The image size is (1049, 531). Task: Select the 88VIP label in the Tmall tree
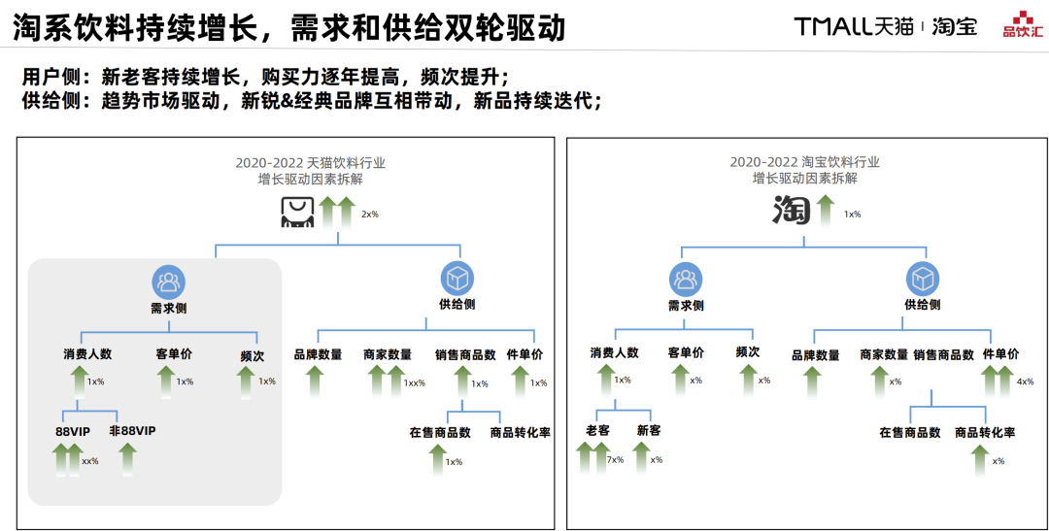point(73,430)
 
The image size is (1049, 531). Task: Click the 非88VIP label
point(132,430)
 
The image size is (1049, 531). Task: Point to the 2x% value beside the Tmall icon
point(370,214)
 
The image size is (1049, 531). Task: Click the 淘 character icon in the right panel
point(791,210)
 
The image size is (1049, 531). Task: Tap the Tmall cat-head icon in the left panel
point(297,212)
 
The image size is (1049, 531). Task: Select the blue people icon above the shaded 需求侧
point(168,282)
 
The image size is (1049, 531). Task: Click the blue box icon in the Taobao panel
point(923,280)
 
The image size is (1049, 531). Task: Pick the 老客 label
point(597,430)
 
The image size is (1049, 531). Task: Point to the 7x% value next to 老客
point(615,459)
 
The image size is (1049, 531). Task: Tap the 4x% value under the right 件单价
point(1025,382)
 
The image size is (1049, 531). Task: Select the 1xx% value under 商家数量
point(415,382)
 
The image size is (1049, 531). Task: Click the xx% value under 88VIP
point(89,460)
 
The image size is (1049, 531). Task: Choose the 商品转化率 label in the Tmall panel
point(520,432)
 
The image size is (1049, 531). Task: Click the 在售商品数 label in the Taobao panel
point(910,432)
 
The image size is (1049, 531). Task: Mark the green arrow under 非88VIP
point(127,458)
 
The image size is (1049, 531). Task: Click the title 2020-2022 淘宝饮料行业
point(804,162)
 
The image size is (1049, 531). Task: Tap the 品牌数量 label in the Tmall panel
point(318,354)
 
